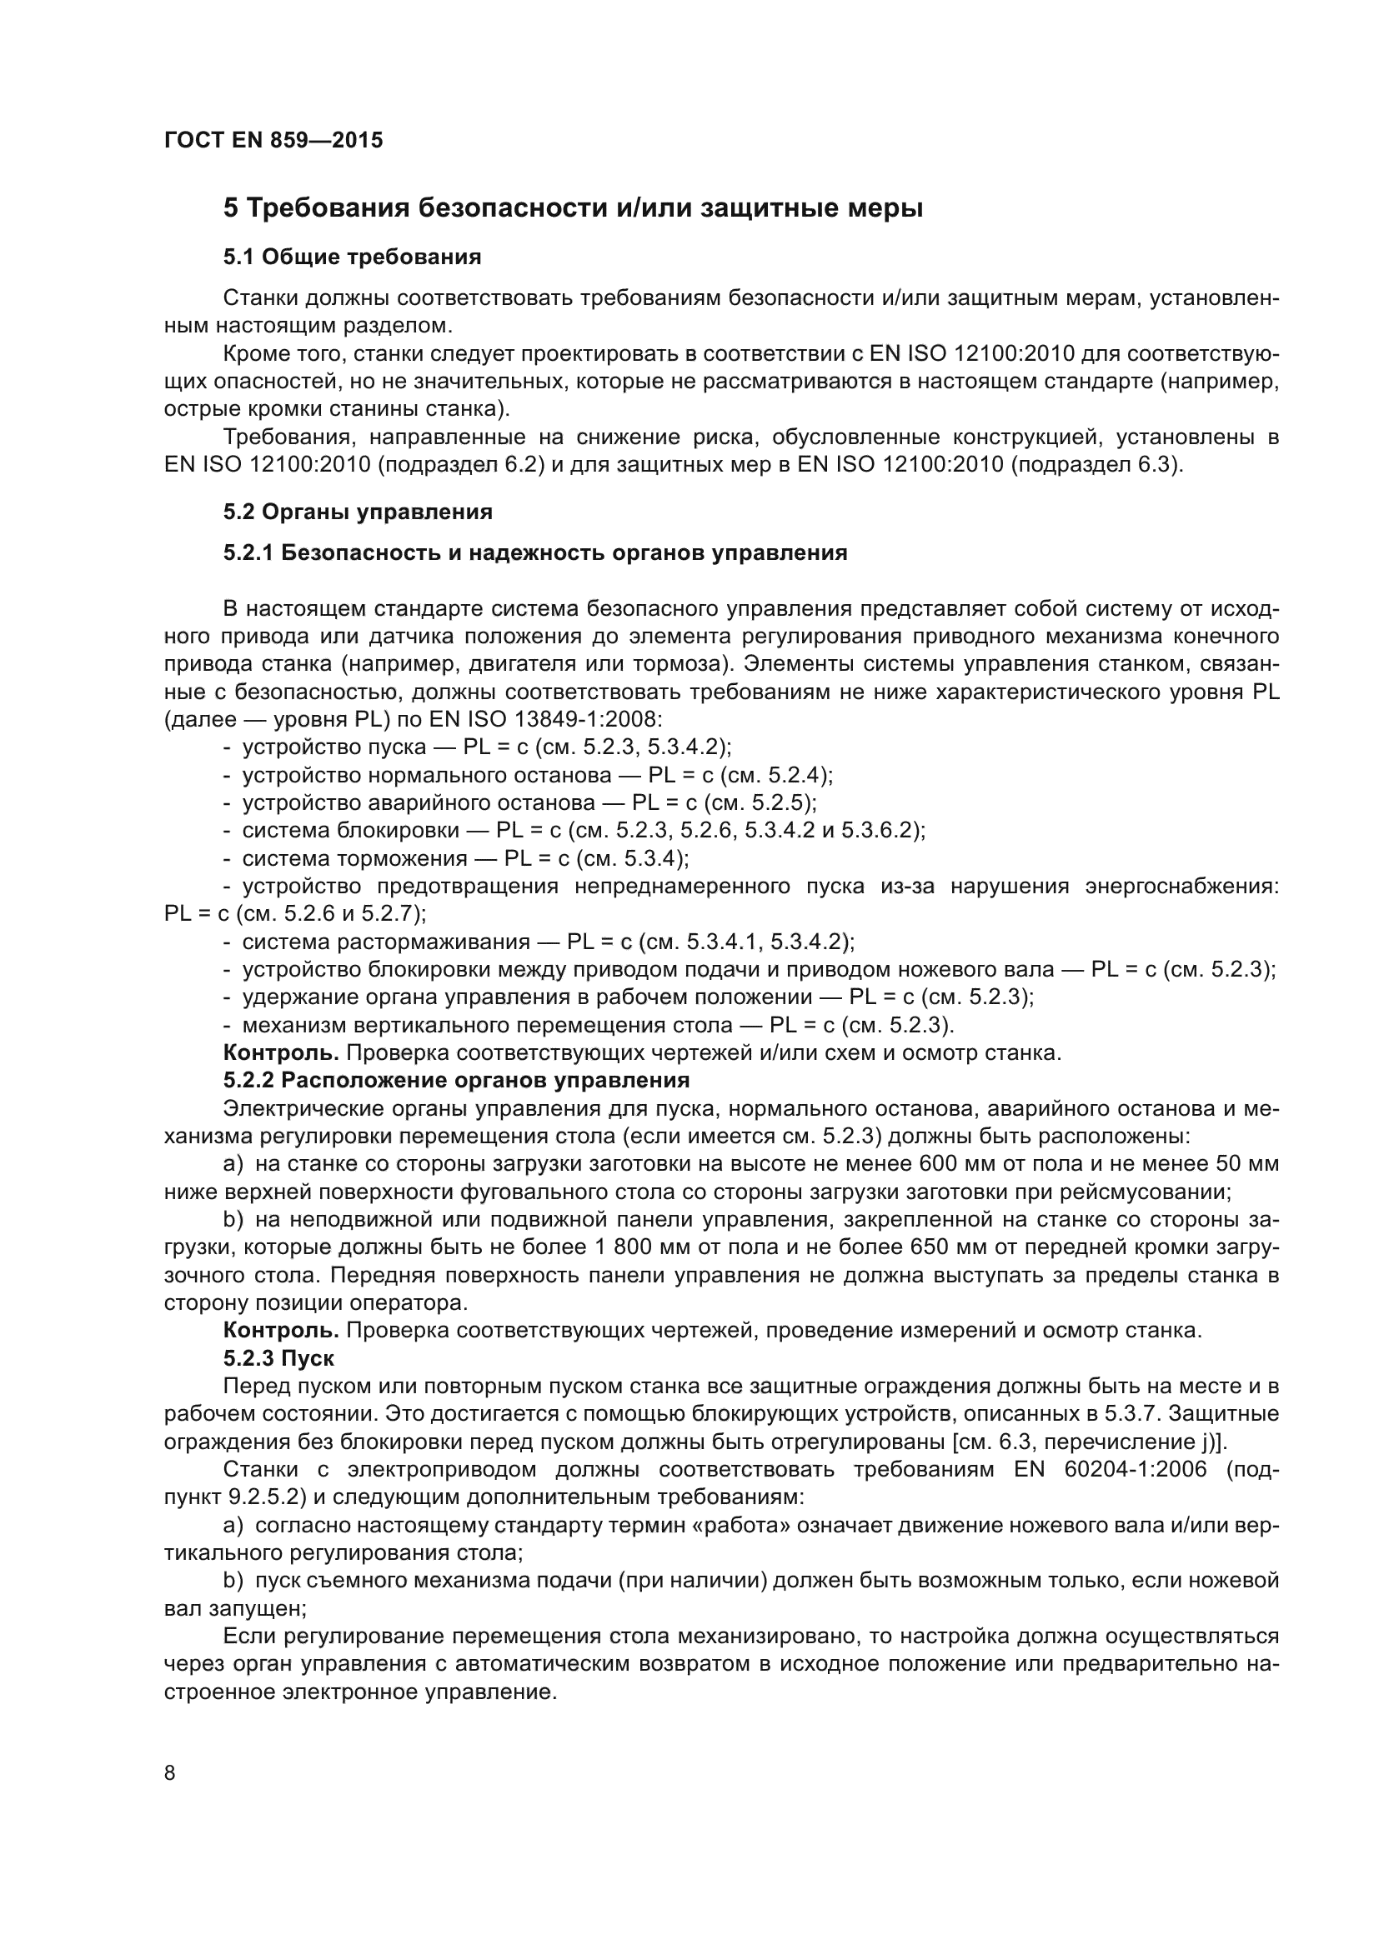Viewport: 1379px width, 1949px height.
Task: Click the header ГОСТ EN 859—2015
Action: tap(273, 141)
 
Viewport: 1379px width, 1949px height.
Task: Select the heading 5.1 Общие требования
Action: tap(353, 257)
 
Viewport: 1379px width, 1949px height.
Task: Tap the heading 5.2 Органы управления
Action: tap(358, 512)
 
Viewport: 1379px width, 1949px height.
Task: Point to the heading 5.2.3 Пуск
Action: tap(278, 1358)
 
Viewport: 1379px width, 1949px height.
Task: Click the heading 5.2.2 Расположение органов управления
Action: tap(456, 1081)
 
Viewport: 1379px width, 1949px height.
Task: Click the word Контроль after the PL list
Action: tap(281, 1053)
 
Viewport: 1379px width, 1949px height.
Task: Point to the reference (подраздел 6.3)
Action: tap(1096, 465)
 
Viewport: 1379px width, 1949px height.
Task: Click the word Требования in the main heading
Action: tap(328, 208)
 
